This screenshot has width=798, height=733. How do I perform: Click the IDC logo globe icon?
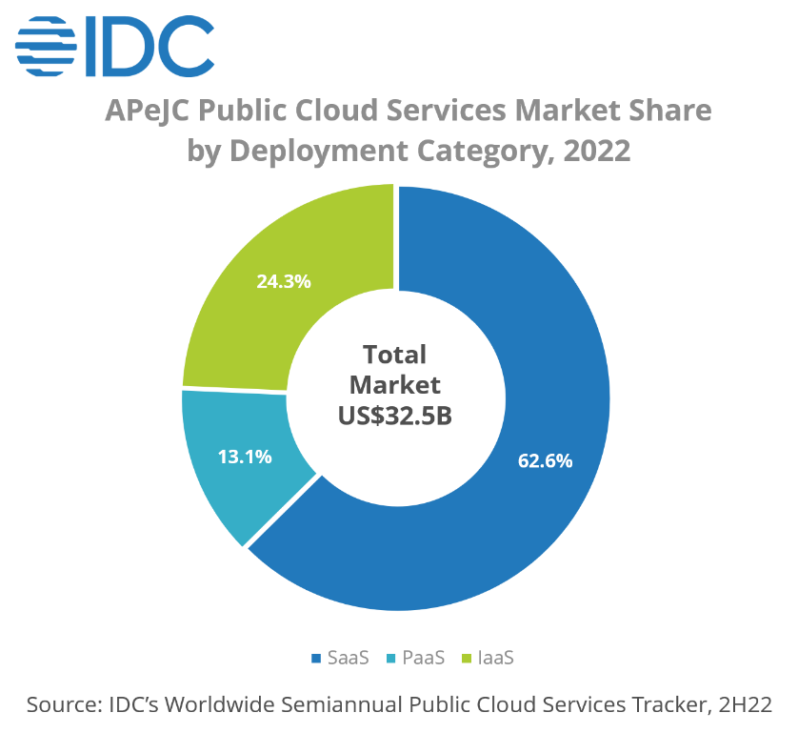point(47,47)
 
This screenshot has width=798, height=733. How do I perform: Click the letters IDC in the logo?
point(150,47)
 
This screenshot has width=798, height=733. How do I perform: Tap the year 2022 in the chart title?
point(596,152)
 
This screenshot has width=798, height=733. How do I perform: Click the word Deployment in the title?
point(319,153)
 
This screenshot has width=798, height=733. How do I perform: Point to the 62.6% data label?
point(545,461)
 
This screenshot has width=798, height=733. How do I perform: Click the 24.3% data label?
point(284,282)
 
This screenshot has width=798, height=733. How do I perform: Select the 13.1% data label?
point(245,457)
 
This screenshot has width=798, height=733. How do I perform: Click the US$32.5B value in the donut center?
point(395,417)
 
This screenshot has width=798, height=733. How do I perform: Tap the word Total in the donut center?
point(394,355)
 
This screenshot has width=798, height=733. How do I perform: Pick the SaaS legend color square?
point(316,658)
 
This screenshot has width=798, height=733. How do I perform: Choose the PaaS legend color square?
point(390,658)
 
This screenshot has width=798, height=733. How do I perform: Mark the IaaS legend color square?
point(467,658)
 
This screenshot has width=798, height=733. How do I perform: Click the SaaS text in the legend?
point(349,658)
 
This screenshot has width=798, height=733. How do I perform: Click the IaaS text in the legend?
point(496,658)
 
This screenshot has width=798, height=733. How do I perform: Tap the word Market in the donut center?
point(395,385)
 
